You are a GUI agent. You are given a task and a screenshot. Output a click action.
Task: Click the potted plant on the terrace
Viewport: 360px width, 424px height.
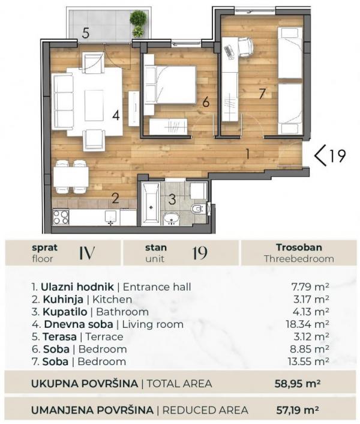[138, 23]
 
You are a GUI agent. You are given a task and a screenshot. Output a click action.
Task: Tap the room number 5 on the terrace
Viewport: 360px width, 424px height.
[86, 33]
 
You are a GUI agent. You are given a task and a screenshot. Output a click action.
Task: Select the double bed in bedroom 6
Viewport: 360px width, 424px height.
[170, 83]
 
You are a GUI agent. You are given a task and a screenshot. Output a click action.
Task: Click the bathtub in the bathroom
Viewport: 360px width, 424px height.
[151, 204]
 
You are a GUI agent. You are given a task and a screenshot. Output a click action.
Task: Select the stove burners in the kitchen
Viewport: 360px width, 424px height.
[61, 216]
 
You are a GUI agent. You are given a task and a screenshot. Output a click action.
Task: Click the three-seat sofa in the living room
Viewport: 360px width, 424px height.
[62, 98]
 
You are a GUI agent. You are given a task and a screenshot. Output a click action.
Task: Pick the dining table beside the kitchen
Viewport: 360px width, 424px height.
[71, 177]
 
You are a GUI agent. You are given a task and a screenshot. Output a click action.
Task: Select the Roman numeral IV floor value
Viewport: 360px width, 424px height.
[88, 253]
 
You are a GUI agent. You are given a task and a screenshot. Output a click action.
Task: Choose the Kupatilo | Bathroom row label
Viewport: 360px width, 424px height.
[89, 312]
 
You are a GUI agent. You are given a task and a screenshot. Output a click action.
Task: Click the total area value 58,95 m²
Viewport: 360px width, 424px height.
[293, 383]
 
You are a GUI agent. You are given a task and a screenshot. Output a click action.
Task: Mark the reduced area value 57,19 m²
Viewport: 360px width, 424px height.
[293, 410]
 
